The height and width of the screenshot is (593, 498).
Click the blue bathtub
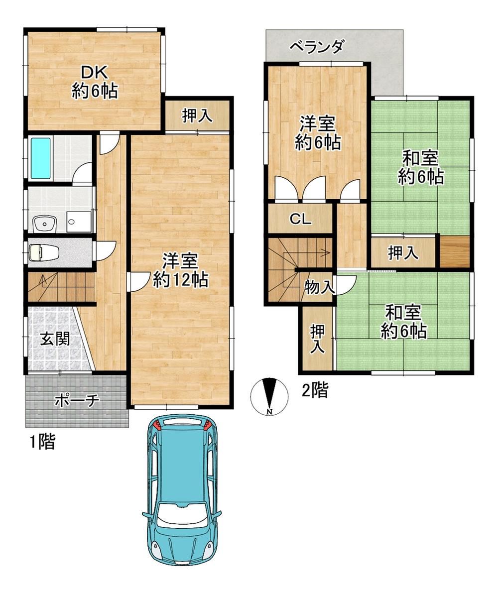[40, 158]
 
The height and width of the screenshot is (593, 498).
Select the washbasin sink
[44, 224]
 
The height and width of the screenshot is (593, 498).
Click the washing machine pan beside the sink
[79, 222]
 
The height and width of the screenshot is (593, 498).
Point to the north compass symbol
[269, 396]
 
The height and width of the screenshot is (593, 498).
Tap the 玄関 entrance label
[55, 339]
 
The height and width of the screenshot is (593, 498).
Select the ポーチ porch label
[77, 400]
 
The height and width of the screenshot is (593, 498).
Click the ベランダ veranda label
[317, 47]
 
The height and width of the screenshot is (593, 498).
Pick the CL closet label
[301, 219]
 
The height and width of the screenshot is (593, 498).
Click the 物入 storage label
[320, 287]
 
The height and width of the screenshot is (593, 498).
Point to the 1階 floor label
[43, 442]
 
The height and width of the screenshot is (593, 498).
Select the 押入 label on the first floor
[197, 116]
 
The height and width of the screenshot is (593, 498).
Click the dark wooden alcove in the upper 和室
[455, 251]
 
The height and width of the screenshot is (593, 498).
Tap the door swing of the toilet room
[103, 249]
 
